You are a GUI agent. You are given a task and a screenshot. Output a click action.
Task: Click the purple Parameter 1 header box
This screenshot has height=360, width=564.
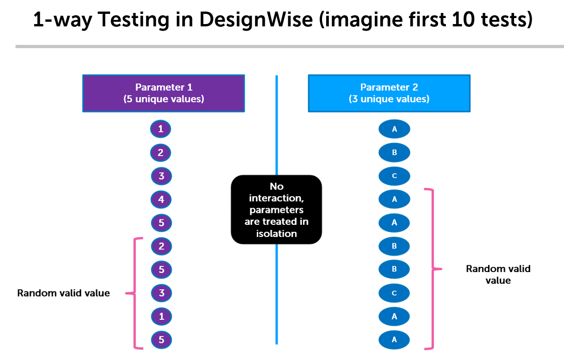coord(164,93)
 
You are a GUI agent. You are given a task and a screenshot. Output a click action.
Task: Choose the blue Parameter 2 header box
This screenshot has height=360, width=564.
coord(389,93)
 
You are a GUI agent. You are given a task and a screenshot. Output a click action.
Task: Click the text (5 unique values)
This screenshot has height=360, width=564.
coord(164,99)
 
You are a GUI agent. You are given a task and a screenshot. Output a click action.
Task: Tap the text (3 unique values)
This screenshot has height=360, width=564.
coord(389,99)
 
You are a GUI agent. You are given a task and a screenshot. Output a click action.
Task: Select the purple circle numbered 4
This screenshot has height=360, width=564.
coord(161,199)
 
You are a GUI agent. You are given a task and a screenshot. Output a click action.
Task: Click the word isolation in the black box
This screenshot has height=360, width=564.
coord(277,234)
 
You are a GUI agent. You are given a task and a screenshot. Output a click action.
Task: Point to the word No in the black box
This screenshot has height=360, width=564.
coord(277,186)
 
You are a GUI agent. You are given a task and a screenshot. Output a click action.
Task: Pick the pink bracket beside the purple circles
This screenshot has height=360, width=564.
coord(135,293)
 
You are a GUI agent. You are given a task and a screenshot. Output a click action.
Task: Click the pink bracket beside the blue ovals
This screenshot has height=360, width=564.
coord(433,269)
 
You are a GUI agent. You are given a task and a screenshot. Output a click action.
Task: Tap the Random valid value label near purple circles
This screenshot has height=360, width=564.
coord(63,293)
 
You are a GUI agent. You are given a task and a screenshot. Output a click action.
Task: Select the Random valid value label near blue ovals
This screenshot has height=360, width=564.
coord(498,274)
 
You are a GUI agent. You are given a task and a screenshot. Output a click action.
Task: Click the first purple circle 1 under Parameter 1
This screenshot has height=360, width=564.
coord(161,129)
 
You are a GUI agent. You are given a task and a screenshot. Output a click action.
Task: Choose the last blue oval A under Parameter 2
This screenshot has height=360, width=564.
coord(394,340)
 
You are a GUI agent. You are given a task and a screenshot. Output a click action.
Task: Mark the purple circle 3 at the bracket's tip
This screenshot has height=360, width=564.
coord(161,293)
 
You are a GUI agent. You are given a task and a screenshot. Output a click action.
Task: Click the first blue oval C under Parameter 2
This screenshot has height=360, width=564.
coord(394,176)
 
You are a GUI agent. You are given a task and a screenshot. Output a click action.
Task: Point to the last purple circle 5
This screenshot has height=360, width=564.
coord(161,340)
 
